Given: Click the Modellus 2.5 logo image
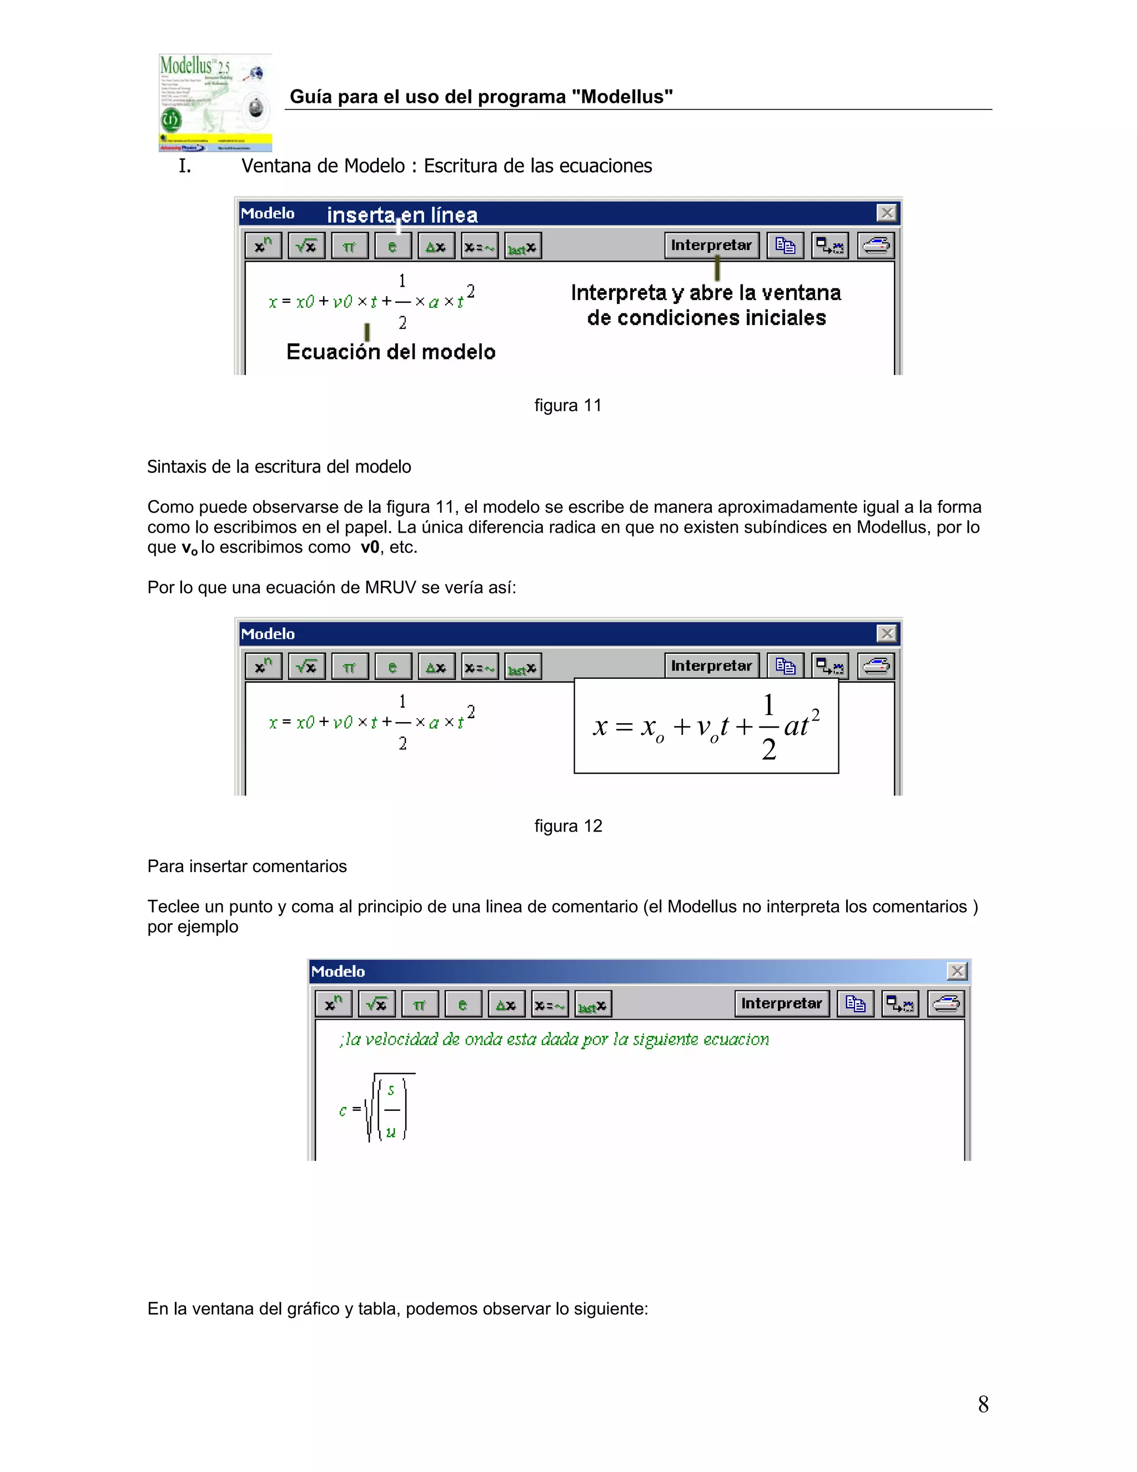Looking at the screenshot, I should pyautogui.click(x=215, y=102).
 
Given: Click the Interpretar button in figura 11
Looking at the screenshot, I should pyautogui.click(x=711, y=246).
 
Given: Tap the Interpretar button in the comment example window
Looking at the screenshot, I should pyautogui.click(x=781, y=1004).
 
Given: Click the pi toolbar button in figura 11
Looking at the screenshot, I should pyautogui.click(x=349, y=246).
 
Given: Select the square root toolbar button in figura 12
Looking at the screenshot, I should pyautogui.click(x=306, y=667).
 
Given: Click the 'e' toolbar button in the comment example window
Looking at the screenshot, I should pyautogui.click(x=462, y=1004).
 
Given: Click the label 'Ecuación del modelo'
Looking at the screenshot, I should pyautogui.click(x=391, y=352).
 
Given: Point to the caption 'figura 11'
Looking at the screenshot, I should pyautogui.click(x=568, y=405).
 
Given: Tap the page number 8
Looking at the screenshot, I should pyautogui.click(x=983, y=1404).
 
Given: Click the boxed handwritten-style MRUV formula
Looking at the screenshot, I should pyautogui.click(x=706, y=726).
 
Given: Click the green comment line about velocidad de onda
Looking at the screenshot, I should pyautogui.click(x=554, y=1039).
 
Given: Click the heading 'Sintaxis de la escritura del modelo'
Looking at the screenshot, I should pyautogui.click(x=279, y=467).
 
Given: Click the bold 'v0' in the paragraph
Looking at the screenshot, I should pyautogui.click(x=370, y=547).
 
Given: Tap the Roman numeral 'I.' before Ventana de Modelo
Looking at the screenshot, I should pyautogui.click(x=184, y=166).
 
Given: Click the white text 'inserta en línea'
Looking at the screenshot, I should pyautogui.click(x=402, y=215).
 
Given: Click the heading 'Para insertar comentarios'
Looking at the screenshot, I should pyautogui.click(x=247, y=866).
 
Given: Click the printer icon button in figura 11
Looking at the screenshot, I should pyautogui.click(x=876, y=246).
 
